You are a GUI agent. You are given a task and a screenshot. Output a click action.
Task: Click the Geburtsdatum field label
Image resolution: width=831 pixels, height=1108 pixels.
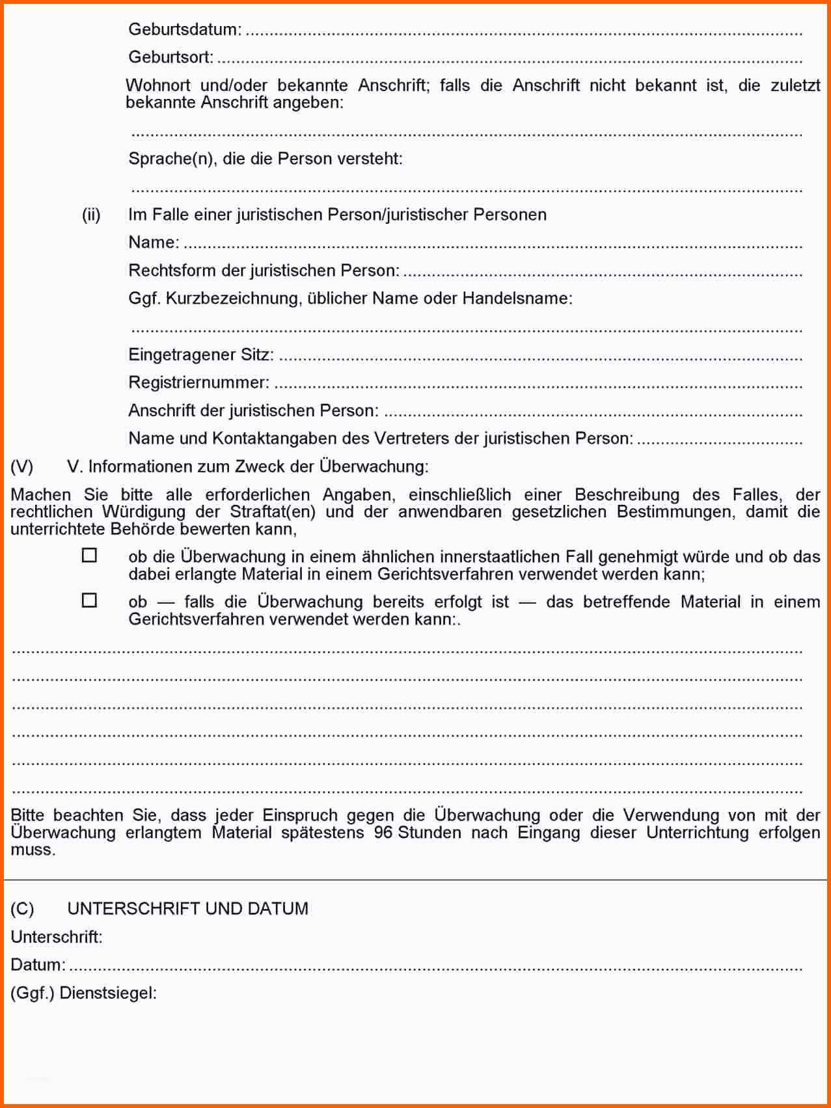(185, 30)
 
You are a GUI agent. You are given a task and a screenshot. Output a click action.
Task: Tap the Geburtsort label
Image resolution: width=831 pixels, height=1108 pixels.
(170, 57)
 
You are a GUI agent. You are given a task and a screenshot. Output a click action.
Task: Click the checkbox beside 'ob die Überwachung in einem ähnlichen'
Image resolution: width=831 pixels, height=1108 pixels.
(89, 556)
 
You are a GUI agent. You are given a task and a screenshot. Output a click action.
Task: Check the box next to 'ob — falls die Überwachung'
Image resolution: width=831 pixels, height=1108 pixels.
(89, 601)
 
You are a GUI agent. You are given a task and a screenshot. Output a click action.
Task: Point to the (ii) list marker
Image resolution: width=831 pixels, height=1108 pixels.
(91, 215)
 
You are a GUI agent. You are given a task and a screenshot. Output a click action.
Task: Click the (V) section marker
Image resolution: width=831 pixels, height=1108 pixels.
(22, 466)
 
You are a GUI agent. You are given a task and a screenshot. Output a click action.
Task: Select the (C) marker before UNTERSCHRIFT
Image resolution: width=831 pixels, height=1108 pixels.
(22, 909)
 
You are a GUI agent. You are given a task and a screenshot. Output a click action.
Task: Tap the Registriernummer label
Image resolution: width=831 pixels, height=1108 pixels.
(198, 383)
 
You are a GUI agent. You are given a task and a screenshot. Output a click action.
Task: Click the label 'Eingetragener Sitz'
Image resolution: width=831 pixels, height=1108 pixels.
(200, 355)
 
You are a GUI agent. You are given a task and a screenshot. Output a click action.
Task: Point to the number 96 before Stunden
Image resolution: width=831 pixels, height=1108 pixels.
(383, 833)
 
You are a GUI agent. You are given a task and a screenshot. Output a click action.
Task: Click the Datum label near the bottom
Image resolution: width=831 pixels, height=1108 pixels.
(38, 965)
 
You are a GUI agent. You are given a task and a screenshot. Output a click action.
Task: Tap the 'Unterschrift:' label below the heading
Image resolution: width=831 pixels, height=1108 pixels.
(57, 937)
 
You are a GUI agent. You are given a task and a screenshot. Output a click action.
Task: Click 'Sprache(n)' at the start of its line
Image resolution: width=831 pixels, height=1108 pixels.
(170, 159)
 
